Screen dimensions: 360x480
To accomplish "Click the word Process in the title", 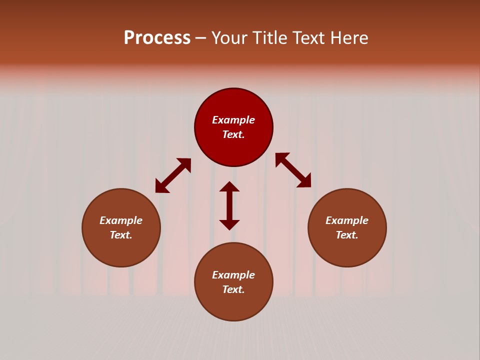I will coord(157,38).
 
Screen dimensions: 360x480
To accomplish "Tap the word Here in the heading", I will coord(348,38).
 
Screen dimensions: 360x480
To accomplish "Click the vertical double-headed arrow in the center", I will coord(229,205).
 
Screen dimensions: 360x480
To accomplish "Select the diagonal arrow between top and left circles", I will coord(173,175).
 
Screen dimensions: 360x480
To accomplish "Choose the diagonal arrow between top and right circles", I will coord(293,170).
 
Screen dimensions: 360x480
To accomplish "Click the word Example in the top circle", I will coord(233,120).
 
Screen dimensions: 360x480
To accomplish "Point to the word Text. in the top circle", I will coord(233,134).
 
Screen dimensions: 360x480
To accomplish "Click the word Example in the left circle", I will coord(121,220).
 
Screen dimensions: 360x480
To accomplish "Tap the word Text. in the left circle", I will coord(121,235).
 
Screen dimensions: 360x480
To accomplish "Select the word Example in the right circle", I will coord(347,220).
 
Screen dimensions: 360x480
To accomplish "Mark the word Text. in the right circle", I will coord(347,235).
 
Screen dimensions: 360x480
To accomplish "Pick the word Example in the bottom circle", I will coord(233,275).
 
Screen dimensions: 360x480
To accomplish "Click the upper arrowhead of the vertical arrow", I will coord(229,187).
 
